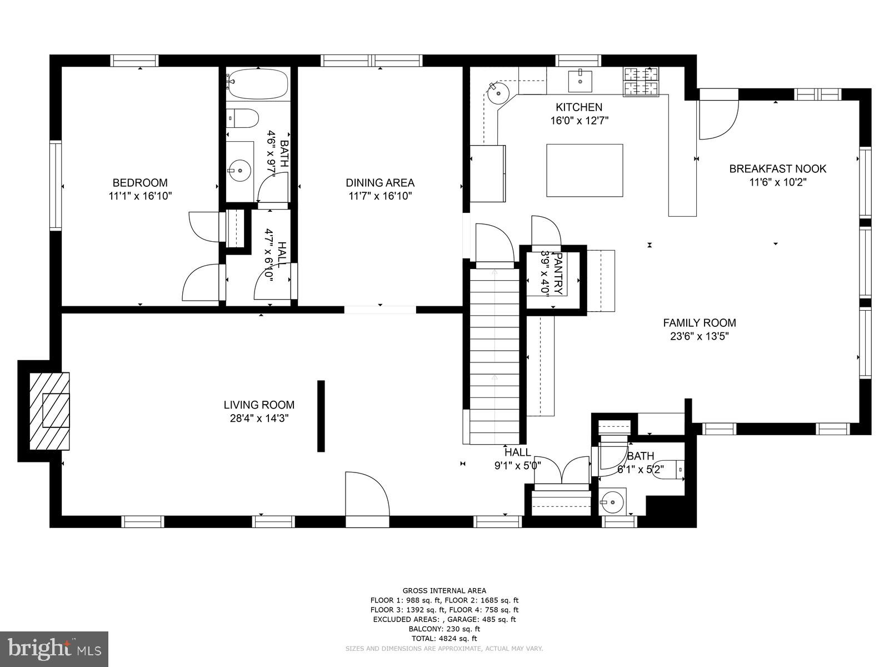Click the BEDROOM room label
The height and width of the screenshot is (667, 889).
[140, 183]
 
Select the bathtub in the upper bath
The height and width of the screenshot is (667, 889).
[257, 84]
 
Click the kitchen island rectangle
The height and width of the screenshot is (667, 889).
[585, 170]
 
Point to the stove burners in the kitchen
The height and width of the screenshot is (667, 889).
[641, 81]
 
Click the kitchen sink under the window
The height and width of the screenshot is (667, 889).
[580, 81]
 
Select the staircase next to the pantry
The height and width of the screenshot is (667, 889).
[495, 356]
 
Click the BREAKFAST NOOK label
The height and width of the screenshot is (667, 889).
[777, 169]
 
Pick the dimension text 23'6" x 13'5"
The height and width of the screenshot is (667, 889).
[699, 336]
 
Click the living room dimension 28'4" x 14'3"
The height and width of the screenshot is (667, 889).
[259, 419]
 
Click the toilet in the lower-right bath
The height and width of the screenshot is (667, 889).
[668, 470]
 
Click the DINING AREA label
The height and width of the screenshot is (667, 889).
[380, 183]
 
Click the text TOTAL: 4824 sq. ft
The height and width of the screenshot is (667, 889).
[444, 639]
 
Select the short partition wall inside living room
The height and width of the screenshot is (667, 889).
[321, 416]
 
